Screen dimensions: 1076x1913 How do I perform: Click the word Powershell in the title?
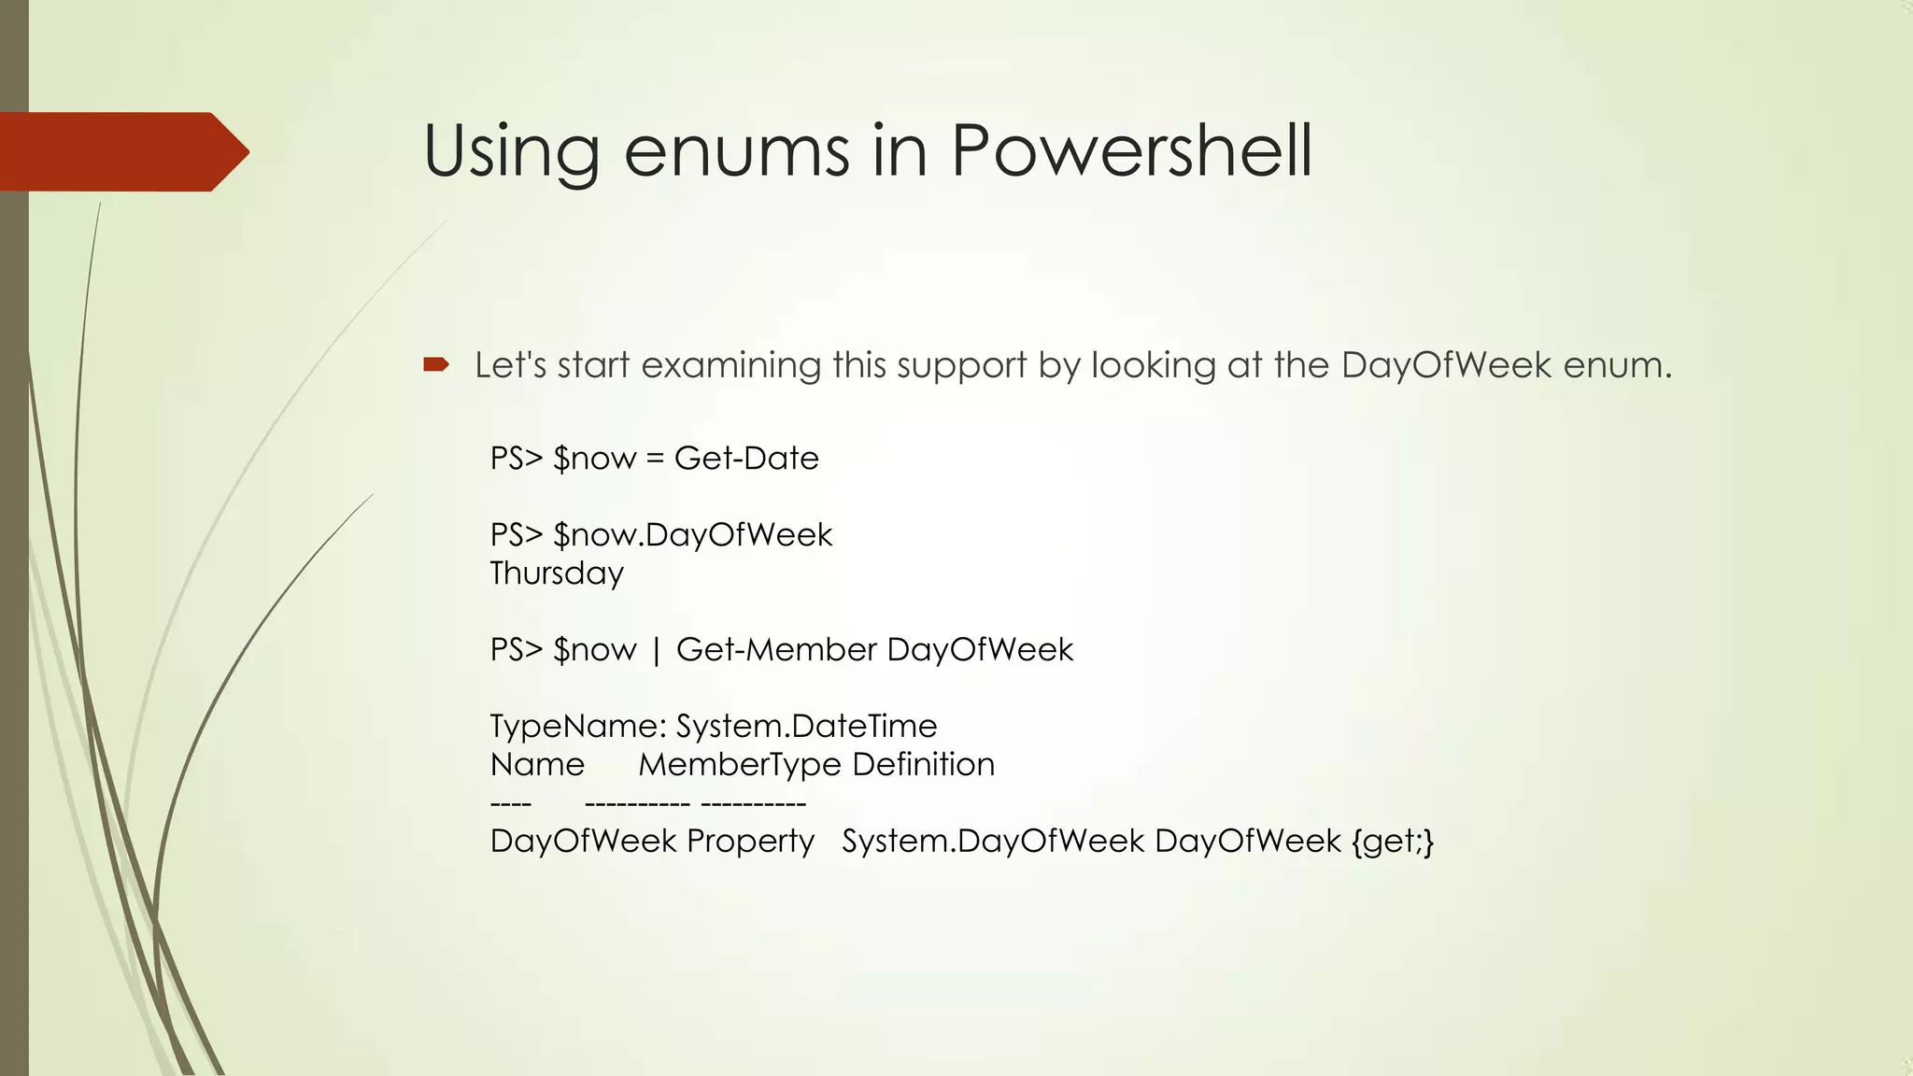click(x=1131, y=150)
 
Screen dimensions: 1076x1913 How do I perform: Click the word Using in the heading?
click(x=511, y=152)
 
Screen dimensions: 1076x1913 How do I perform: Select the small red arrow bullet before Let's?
click(x=436, y=364)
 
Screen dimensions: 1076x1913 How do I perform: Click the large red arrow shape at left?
click(x=121, y=151)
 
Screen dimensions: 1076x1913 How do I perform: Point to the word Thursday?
click(x=557, y=573)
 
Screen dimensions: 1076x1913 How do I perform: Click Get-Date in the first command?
click(x=746, y=459)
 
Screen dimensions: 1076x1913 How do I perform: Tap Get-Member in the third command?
click(x=776, y=650)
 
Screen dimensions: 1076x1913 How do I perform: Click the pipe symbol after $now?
click(x=656, y=651)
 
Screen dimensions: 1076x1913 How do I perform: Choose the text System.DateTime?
click(x=806, y=726)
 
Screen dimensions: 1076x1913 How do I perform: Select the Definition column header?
click(x=923, y=765)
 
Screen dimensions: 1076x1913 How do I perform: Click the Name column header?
click(x=537, y=765)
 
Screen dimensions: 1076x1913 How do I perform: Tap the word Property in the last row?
click(x=750, y=842)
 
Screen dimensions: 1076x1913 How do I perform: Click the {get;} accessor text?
click(x=1392, y=842)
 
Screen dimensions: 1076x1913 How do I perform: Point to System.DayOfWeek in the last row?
click(x=993, y=842)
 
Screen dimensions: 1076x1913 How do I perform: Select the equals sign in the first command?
click(x=655, y=460)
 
